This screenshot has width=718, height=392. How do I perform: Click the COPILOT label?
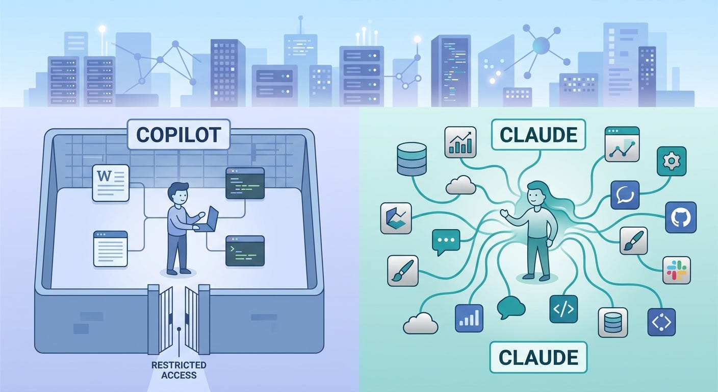(x=178, y=134)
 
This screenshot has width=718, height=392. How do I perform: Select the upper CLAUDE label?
(x=538, y=134)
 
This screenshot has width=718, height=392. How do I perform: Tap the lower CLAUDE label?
(x=538, y=357)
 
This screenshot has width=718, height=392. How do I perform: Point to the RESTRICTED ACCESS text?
(x=178, y=370)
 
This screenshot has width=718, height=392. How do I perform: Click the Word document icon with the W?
(x=110, y=183)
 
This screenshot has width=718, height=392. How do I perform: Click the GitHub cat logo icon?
(x=681, y=217)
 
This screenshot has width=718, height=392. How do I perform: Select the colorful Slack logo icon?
(x=676, y=270)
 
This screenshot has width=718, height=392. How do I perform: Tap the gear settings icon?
(x=671, y=162)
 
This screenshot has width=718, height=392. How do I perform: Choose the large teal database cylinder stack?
(x=411, y=159)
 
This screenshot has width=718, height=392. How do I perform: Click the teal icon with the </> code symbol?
(x=563, y=309)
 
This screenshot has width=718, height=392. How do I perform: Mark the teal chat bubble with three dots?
(x=446, y=241)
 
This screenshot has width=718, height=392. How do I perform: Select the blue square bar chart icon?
(x=469, y=318)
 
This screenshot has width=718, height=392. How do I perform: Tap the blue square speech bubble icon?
(x=625, y=195)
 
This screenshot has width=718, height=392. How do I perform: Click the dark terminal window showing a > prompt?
(x=245, y=251)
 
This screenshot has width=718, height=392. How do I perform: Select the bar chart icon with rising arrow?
(x=460, y=142)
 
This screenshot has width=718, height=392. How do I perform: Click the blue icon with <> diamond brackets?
(x=661, y=322)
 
